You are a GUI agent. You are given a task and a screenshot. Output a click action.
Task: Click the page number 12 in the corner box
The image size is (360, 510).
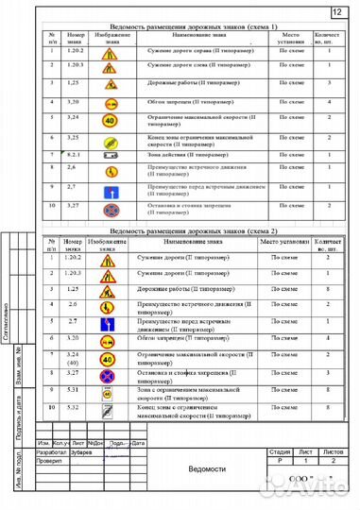(x=337, y=11)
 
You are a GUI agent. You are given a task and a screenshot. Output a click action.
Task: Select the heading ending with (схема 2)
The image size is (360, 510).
(x=194, y=231)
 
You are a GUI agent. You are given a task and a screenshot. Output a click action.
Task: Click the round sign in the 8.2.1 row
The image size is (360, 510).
(x=111, y=155)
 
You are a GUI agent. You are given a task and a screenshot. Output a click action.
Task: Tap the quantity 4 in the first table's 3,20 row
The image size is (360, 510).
(x=326, y=99)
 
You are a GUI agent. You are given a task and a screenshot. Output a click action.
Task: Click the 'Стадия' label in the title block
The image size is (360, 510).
(x=280, y=452)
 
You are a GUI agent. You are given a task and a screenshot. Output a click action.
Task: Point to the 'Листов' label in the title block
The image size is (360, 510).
(x=332, y=452)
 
